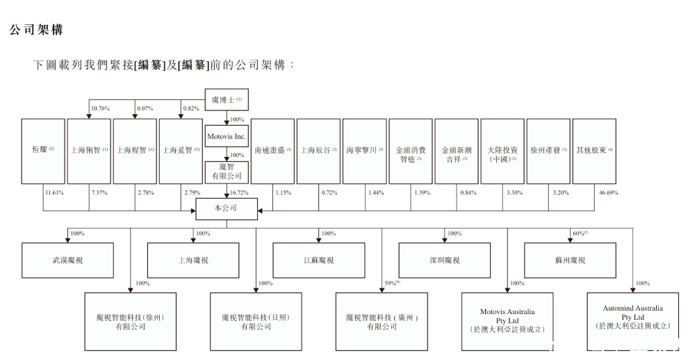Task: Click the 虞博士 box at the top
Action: pos(227,100)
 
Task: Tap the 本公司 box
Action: pos(227,206)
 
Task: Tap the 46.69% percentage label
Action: pos(607,192)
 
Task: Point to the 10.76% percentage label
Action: pos(100,108)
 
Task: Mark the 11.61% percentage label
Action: pos(54,192)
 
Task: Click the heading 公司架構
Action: pos(36,31)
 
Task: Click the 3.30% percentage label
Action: pos(514,192)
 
